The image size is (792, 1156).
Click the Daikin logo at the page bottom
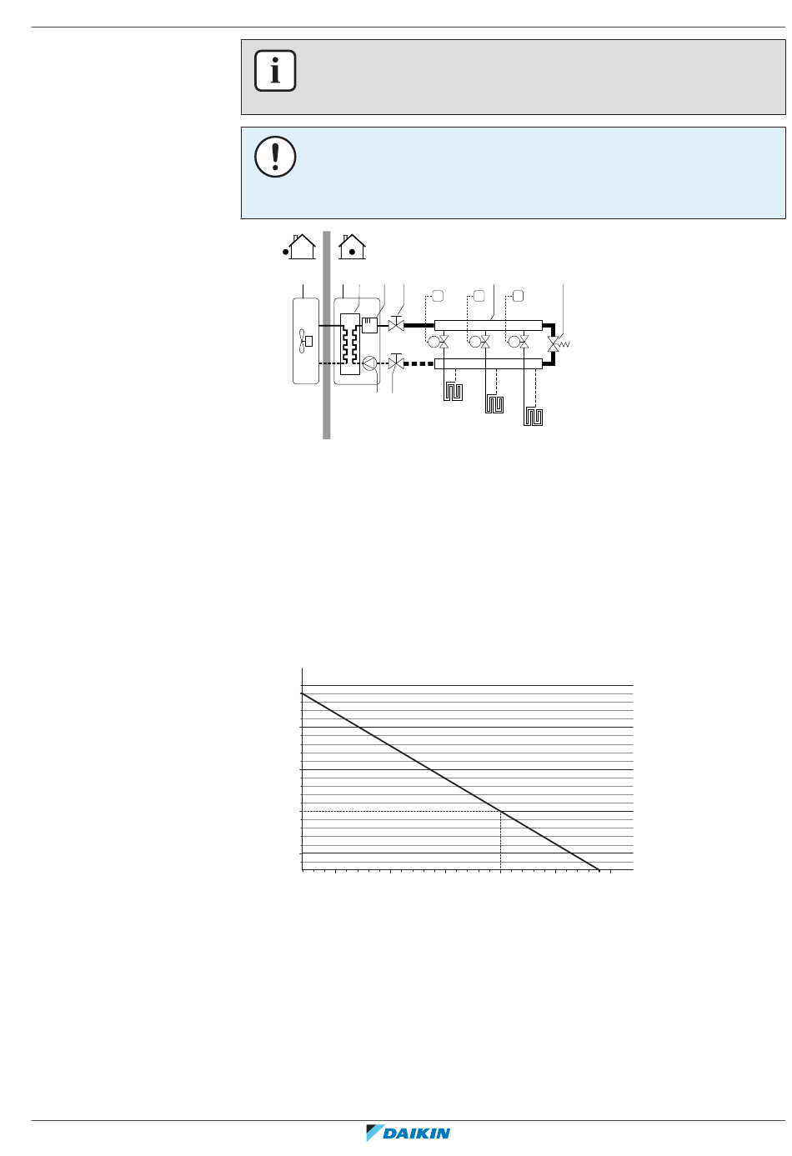click(408, 1133)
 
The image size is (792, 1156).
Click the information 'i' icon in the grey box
click(275, 71)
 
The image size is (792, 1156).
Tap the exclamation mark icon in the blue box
click(275, 157)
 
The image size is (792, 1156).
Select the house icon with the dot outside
click(299, 247)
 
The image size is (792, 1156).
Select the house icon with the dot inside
click(352, 247)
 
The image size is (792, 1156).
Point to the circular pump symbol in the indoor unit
click(369, 363)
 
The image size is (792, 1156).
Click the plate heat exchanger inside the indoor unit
click(350, 343)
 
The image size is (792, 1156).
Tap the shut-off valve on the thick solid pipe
click(396, 324)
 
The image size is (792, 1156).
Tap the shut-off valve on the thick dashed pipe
click(396, 363)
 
